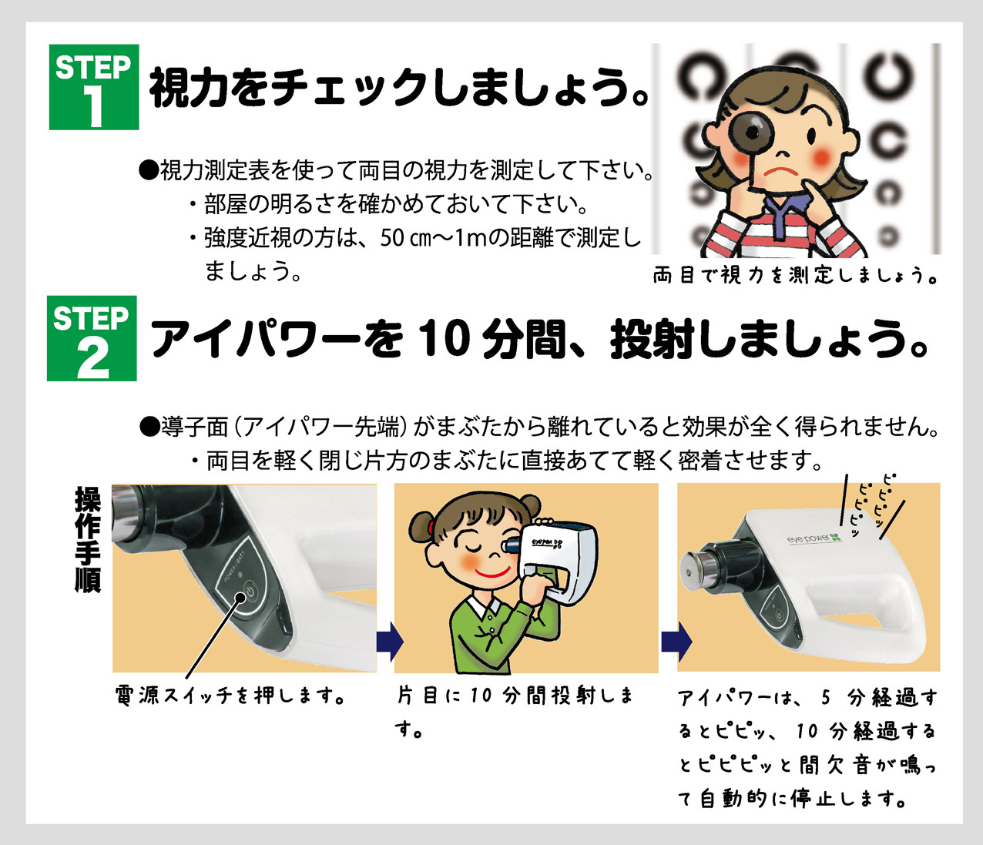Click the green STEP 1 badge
coord(94,87)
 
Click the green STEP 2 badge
coord(92,338)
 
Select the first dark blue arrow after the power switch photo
coord(390,642)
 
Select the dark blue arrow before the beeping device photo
coord(676,642)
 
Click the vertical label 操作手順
coord(88,538)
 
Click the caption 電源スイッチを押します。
coord(230,696)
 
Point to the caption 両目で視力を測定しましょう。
coord(795,275)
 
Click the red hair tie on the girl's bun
coord(431,526)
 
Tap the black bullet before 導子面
coord(149,427)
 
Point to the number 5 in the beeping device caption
coord(826,697)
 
